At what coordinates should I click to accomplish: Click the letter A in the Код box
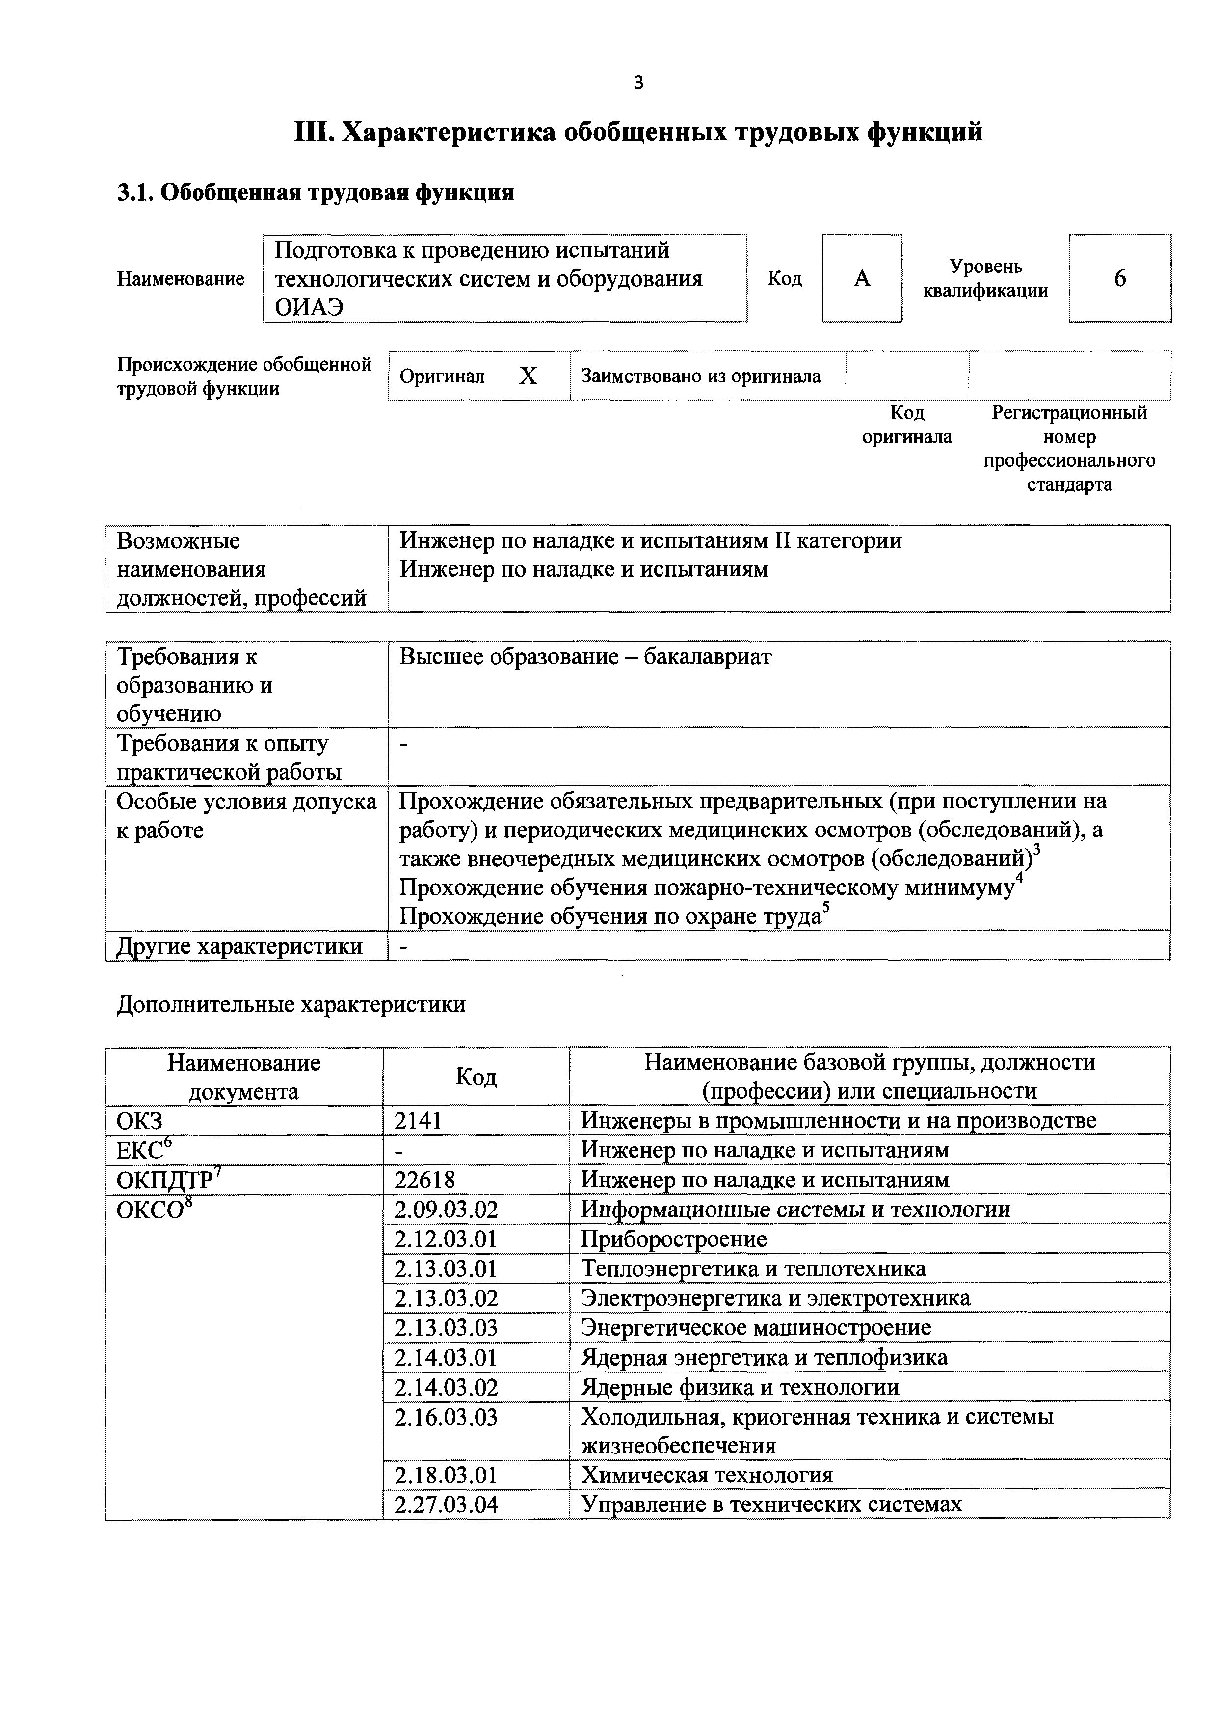click(x=862, y=279)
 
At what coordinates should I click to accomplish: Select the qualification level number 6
click(x=1119, y=279)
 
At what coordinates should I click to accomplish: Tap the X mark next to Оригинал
click(x=528, y=376)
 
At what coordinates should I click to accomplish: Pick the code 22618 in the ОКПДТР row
click(x=424, y=1180)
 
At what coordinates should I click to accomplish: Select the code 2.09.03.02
click(x=446, y=1209)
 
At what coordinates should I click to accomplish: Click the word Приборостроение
click(x=673, y=1239)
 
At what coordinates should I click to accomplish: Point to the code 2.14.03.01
click(x=446, y=1357)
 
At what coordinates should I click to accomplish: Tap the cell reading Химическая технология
click(x=706, y=1475)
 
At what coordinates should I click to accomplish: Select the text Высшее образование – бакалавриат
click(x=585, y=657)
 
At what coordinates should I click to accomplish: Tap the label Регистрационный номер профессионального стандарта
click(x=1069, y=448)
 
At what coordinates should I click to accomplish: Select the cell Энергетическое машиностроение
click(x=756, y=1327)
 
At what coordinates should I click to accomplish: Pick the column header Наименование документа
click(x=244, y=1076)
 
